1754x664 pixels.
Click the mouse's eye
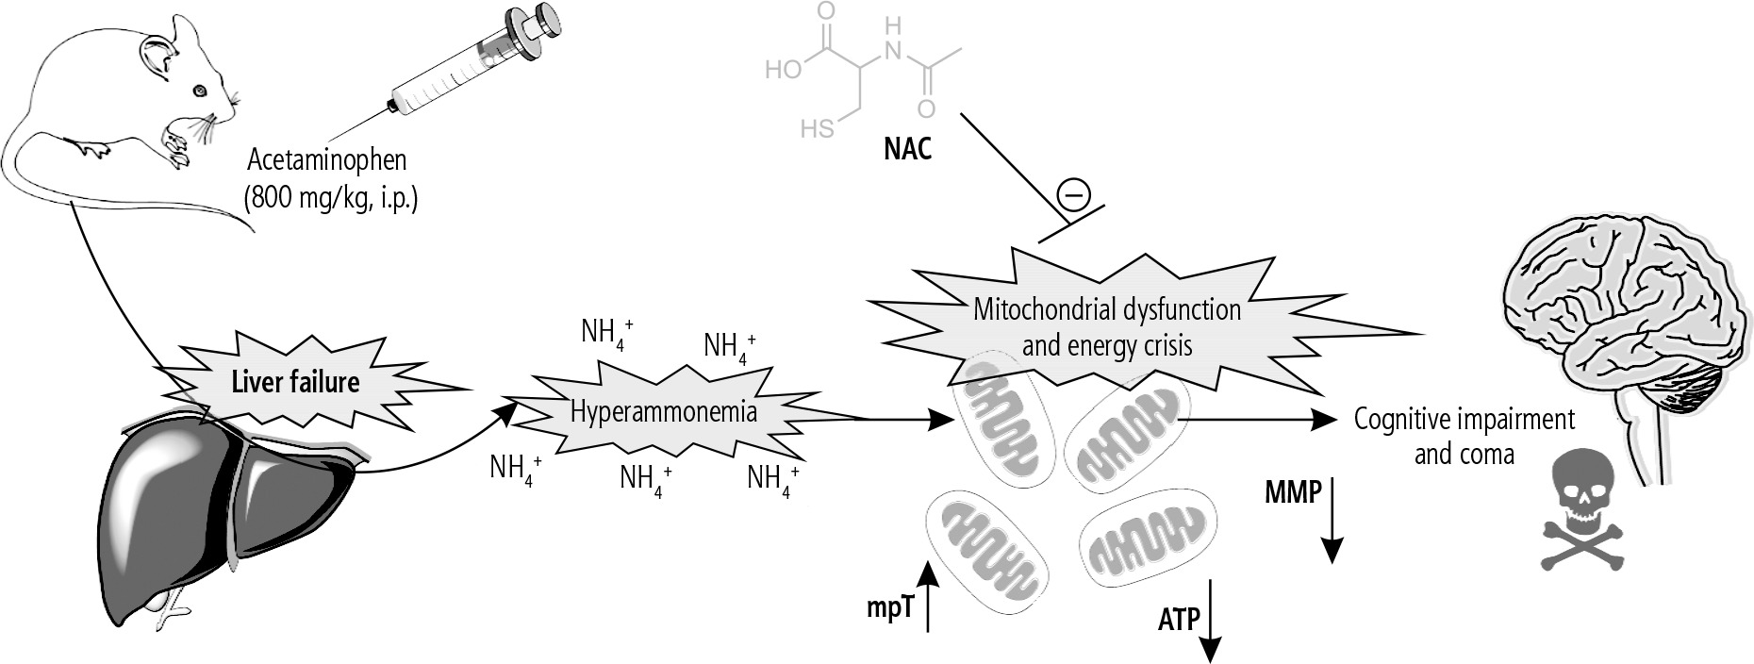click(x=199, y=91)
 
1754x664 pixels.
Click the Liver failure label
click(x=295, y=382)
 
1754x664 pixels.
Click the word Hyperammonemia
click(x=663, y=412)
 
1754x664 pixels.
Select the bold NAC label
click(x=907, y=148)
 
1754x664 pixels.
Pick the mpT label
click(x=890, y=608)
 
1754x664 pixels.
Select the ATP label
click(x=1178, y=620)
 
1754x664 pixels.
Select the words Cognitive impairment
click(x=1464, y=419)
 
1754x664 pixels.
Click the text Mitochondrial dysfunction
click(x=1107, y=308)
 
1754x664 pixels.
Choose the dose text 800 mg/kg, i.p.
click(x=329, y=199)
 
